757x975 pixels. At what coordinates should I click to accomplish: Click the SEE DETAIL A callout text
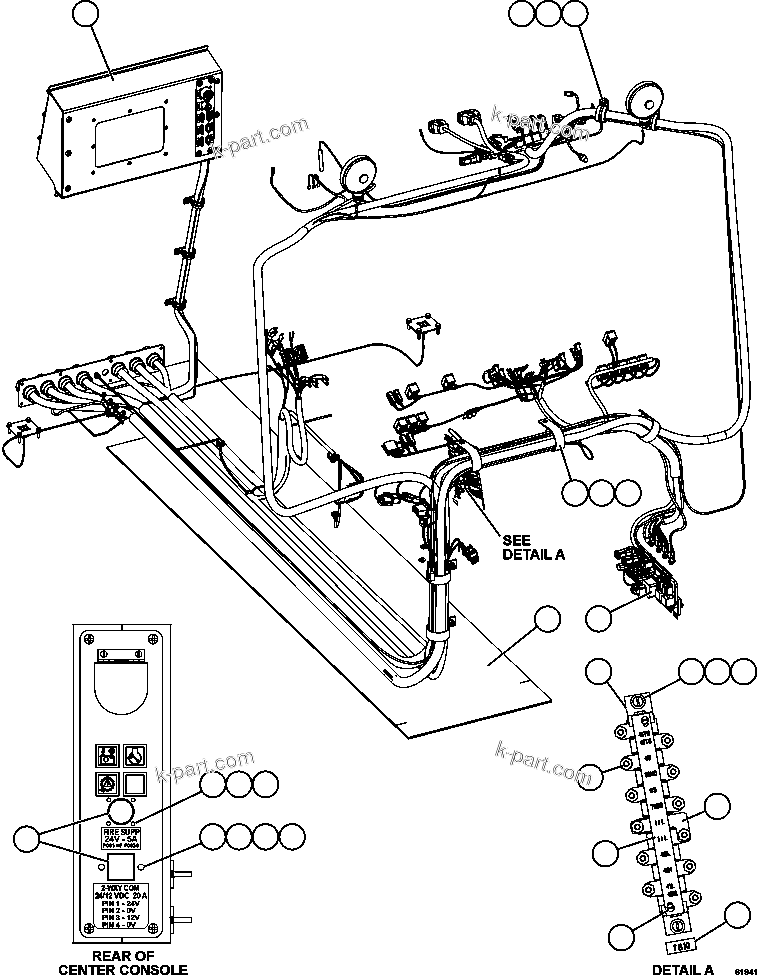(x=533, y=547)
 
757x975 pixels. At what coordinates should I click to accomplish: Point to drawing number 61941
(x=741, y=969)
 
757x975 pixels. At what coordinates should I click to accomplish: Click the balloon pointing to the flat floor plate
(x=546, y=619)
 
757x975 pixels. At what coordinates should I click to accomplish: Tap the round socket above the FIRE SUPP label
(x=120, y=810)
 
